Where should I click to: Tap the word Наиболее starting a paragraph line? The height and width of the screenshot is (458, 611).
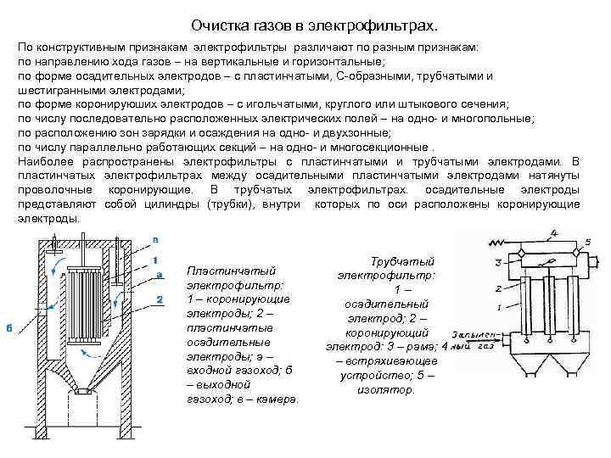44,161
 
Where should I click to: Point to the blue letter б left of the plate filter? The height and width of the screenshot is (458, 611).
9,328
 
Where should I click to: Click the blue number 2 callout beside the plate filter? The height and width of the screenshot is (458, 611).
159,299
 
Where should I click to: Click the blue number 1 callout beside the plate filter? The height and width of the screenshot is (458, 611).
156,259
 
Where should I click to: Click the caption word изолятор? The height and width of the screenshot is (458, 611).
387,390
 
